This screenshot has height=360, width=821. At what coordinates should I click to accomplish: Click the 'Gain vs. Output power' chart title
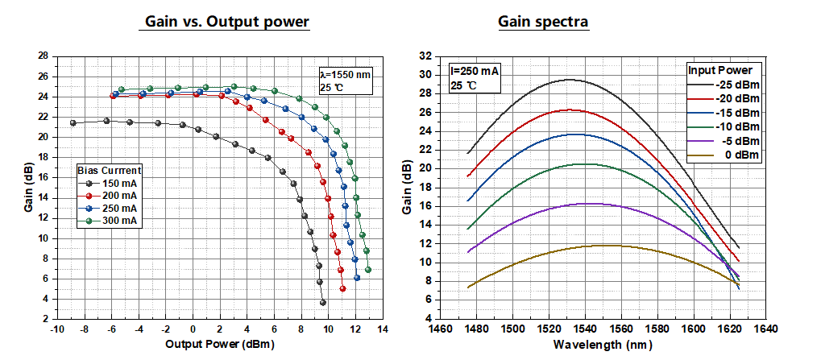coord(226,22)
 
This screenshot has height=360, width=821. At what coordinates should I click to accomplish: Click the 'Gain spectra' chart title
coord(544,22)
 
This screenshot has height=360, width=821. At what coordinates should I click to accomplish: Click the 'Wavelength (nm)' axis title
coord(600,345)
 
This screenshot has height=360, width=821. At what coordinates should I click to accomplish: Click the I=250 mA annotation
coord(475,71)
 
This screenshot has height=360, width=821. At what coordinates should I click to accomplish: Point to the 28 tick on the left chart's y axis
coord(44,56)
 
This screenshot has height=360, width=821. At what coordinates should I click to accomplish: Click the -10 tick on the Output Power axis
coord(56,329)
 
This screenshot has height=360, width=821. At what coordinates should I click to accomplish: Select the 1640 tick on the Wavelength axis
coord(766,329)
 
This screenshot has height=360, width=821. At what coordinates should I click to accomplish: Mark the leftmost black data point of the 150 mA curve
coord(73,123)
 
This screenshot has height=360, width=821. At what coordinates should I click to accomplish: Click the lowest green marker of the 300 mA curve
coord(368,270)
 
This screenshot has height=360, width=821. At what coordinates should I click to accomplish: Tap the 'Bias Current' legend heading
coord(110,171)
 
